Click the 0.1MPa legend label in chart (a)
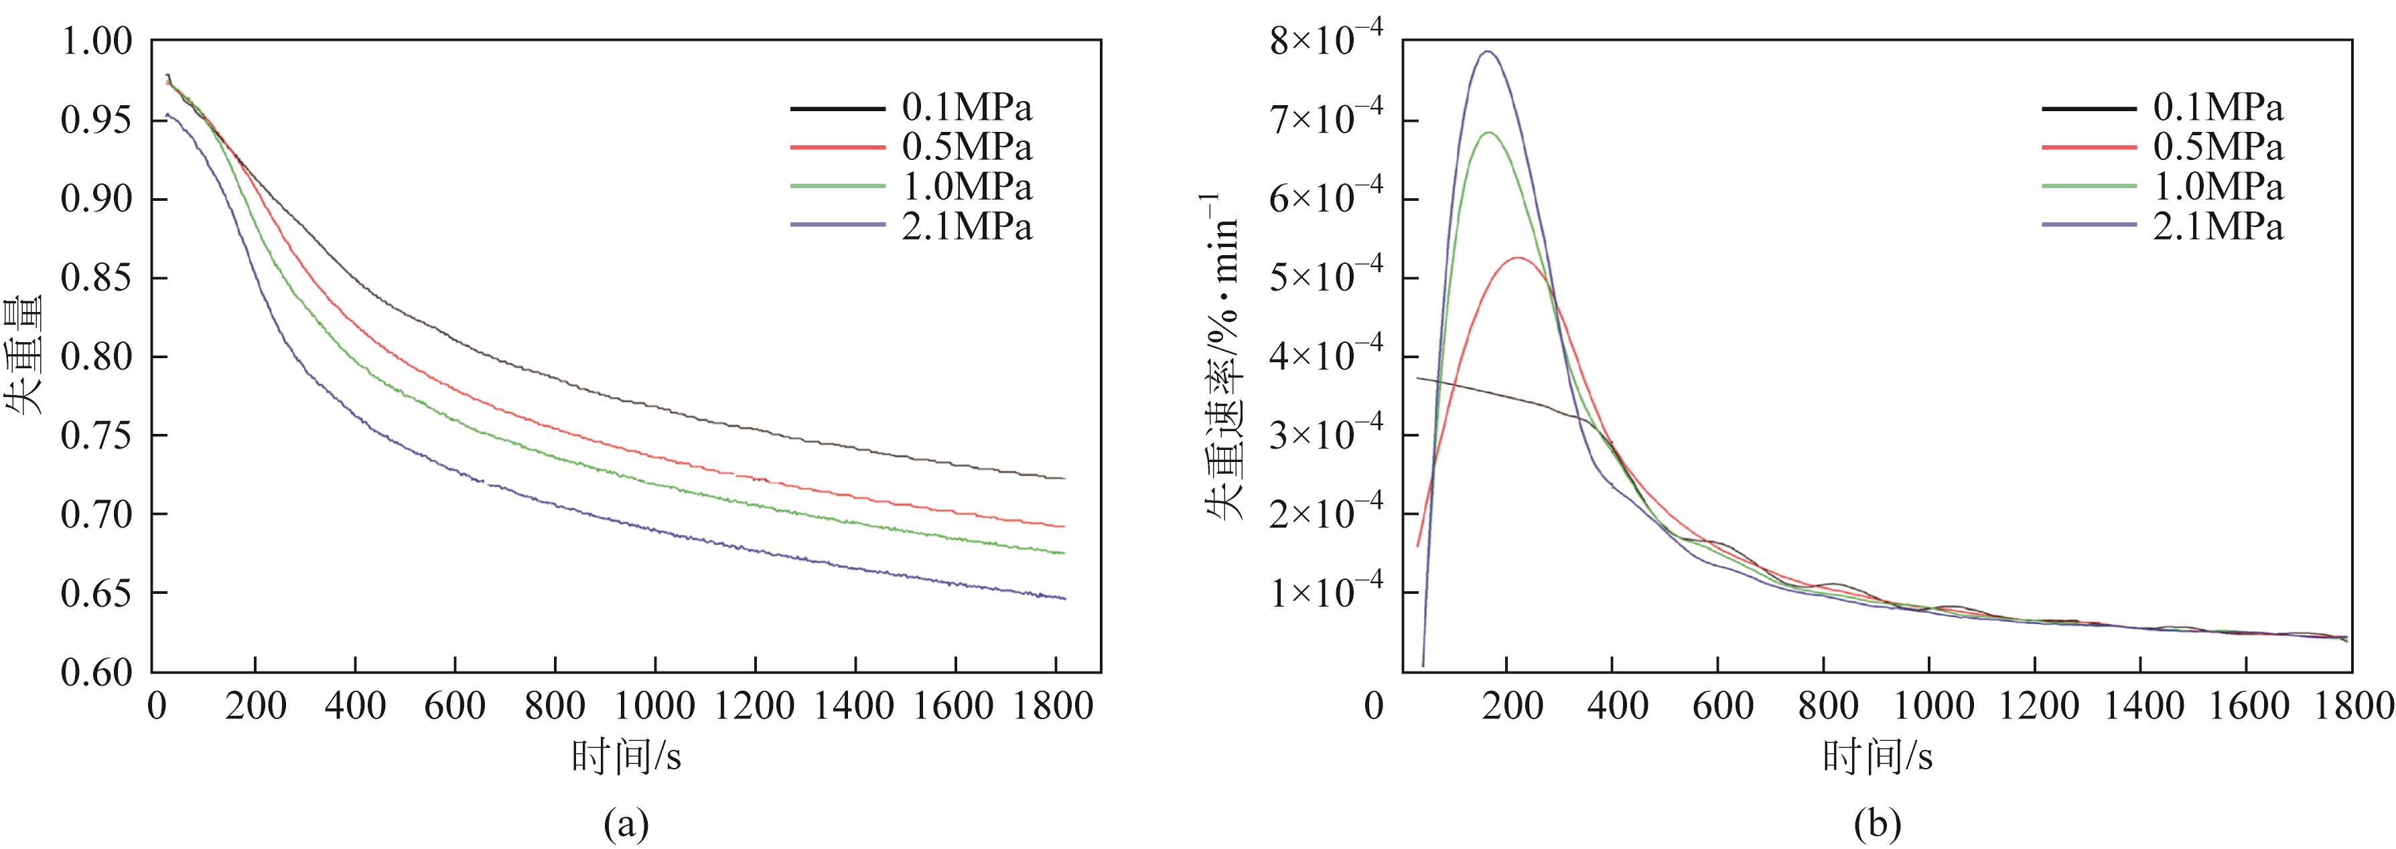pyautogui.click(x=967, y=108)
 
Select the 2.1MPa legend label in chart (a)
pyautogui.click(x=967, y=227)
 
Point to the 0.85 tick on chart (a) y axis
pyautogui.click(x=96, y=278)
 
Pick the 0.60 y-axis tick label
pyautogui.click(x=96, y=672)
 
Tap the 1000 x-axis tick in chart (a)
pyautogui.click(x=655, y=707)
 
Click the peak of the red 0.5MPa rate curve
pyautogui.click(x=1518, y=258)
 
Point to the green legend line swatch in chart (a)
pyautogui.click(x=837, y=187)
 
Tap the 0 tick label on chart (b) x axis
pyautogui.click(x=1374, y=707)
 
